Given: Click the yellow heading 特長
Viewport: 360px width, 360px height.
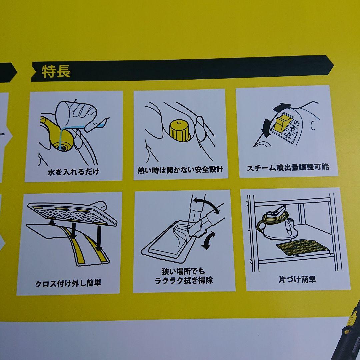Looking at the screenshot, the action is click(x=56, y=71).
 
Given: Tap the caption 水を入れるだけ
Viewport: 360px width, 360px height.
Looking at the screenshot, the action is click(x=73, y=172).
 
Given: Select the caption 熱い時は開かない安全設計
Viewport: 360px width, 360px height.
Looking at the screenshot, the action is click(x=180, y=170).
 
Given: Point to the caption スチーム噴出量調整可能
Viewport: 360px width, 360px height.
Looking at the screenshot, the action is click(x=288, y=167).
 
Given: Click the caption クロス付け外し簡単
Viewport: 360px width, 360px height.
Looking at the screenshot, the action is click(x=68, y=283).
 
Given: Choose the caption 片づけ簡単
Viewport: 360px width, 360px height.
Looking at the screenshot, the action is click(x=297, y=279).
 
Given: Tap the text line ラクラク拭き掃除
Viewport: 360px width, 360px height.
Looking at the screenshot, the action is click(x=184, y=280).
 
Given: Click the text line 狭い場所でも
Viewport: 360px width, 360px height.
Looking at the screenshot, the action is click(x=183, y=271).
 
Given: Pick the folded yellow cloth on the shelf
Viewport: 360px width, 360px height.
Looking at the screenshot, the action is click(x=302, y=247).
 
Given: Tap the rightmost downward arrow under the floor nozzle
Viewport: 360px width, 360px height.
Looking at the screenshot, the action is click(x=99, y=238).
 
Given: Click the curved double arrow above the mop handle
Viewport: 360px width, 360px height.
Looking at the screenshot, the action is click(x=207, y=204).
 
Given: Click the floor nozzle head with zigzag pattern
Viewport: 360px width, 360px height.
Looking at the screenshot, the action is click(x=72, y=213).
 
